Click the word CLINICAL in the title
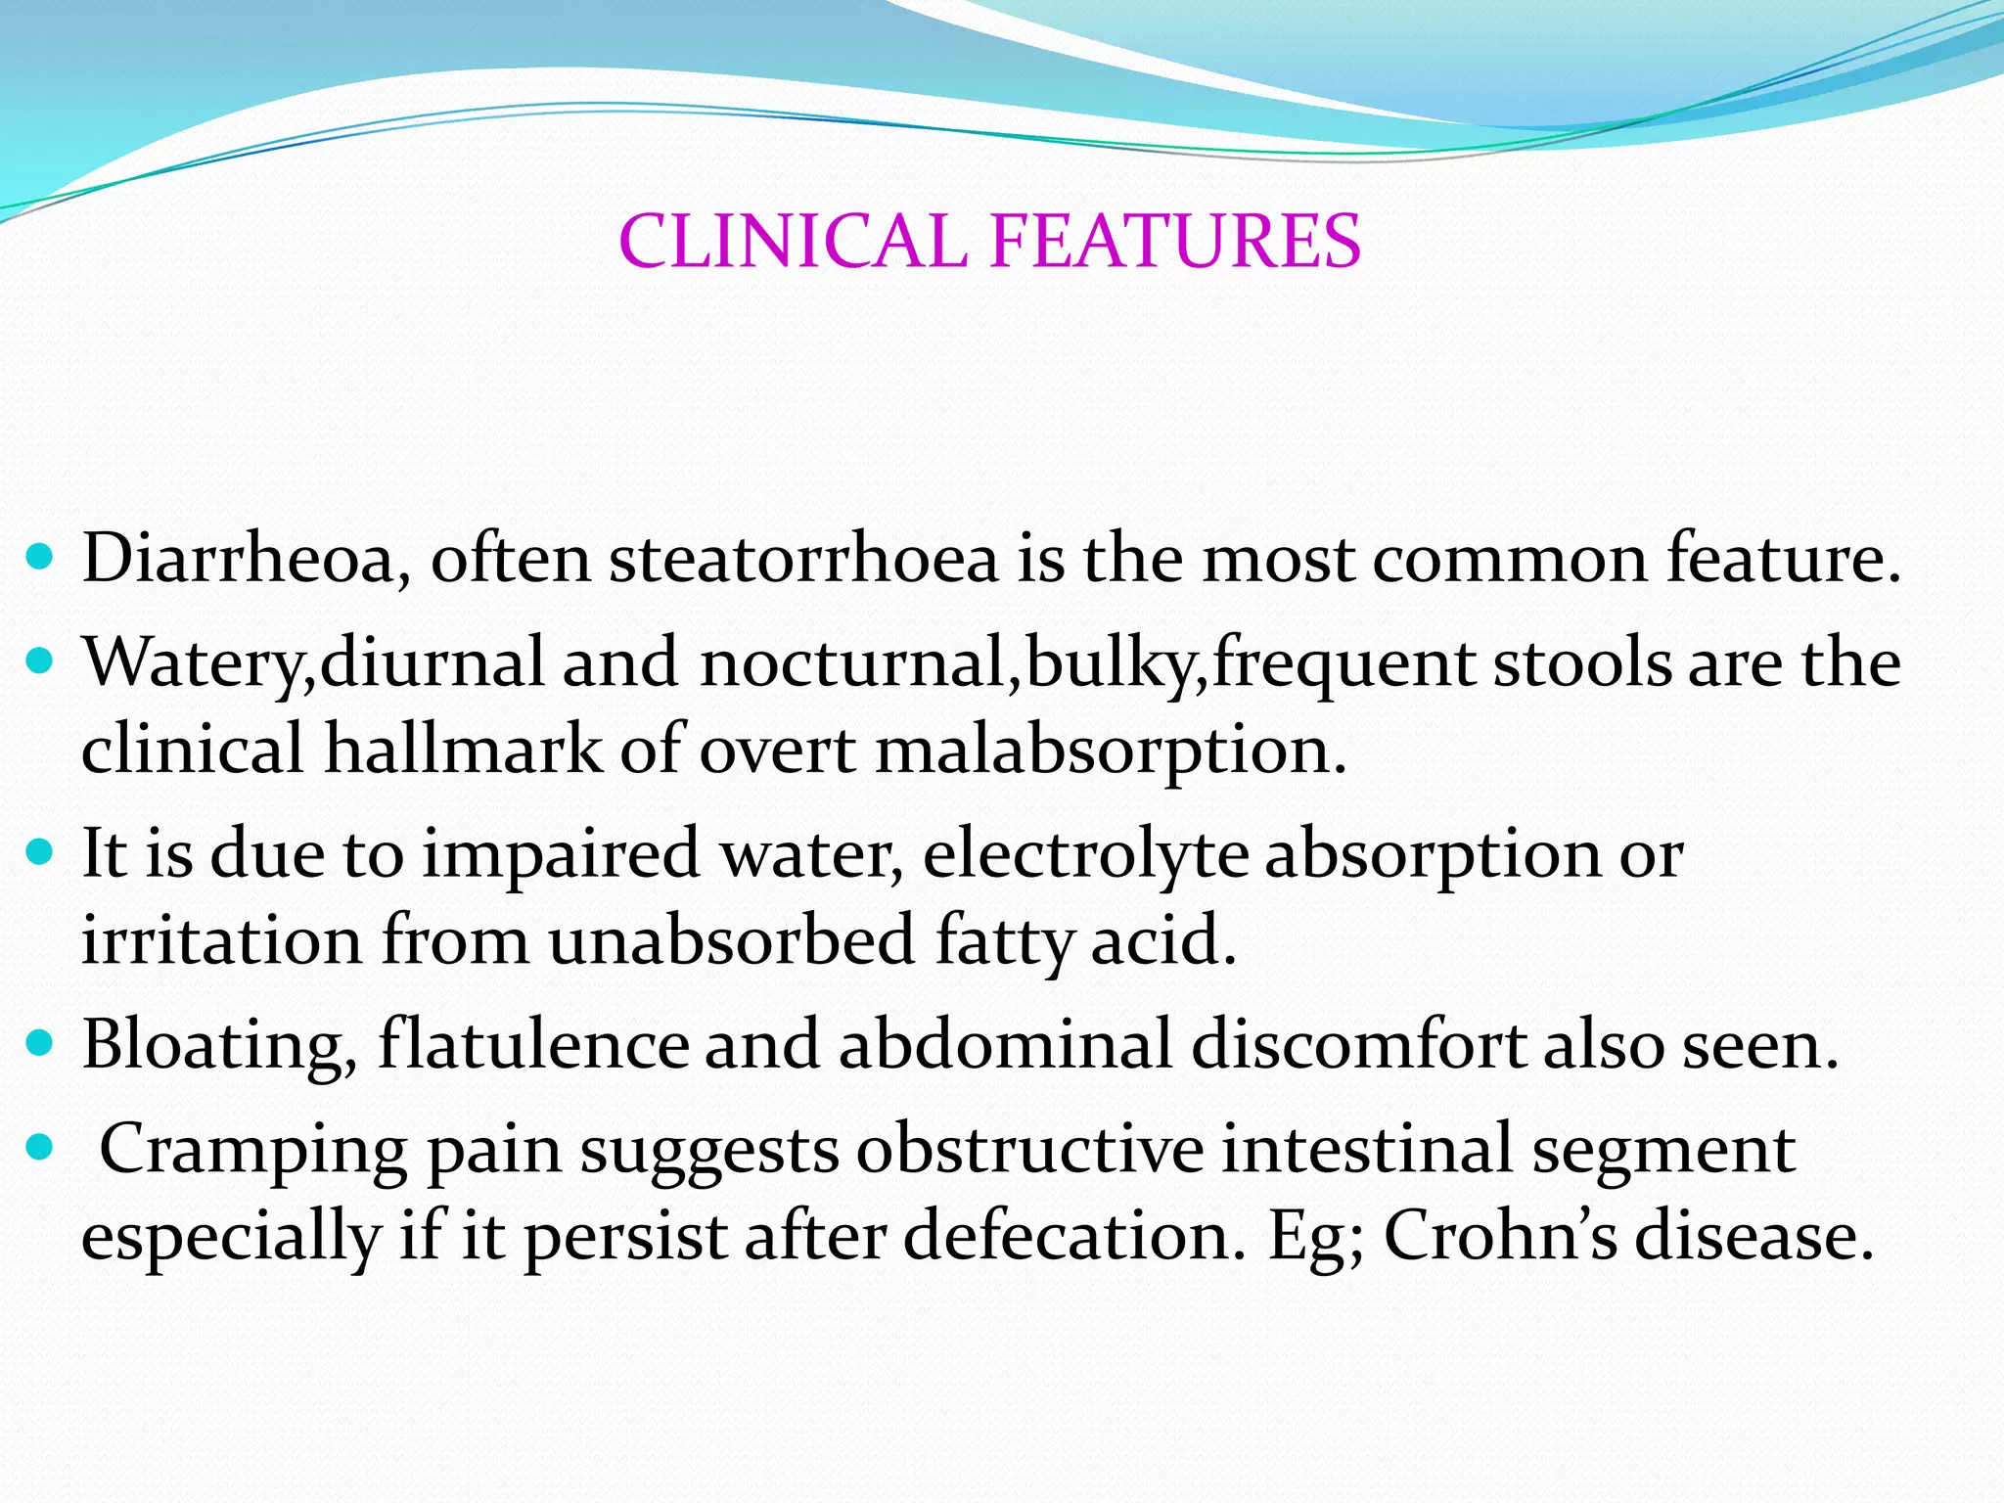[x=793, y=242]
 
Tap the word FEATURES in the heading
[x=1175, y=242]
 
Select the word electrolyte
[x=1086, y=854]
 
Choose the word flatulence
[x=532, y=1044]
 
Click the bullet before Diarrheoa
[x=41, y=559]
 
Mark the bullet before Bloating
[x=41, y=1044]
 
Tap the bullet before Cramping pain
[x=41, y=1148]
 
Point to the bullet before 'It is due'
[x=41, y=853]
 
